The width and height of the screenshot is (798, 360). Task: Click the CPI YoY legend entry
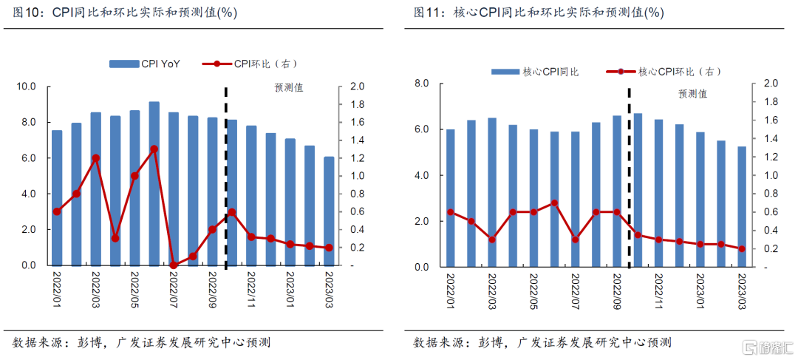click(145, 64)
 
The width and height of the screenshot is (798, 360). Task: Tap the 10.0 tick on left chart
click(27, 86)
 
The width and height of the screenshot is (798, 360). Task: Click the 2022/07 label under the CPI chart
click(174, 291)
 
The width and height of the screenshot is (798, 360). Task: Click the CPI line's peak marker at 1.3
click(154, 149)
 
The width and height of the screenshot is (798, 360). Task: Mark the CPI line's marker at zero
click(174, 265)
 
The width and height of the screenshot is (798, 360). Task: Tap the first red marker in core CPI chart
click(451, 212)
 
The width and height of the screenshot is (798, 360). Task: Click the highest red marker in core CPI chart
click(554, 203)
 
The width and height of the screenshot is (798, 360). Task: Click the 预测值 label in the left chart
click(288, 88)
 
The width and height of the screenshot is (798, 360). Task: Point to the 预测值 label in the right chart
click(692, 94)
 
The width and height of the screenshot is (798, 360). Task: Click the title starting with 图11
click(539, 13)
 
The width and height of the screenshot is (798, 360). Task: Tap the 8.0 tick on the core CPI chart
click(423, 83)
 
